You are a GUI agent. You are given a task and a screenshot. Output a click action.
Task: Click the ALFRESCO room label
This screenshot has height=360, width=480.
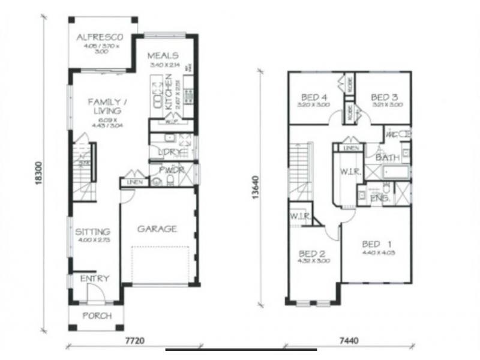click(x=99, y=38)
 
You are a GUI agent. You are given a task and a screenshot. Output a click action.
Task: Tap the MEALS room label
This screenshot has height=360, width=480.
click(x=163, y=56)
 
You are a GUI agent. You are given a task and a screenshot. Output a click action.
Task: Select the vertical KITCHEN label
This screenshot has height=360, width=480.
click(x=169, y=91)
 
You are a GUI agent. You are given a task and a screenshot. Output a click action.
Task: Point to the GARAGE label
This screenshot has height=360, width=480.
click(x=157, y=229)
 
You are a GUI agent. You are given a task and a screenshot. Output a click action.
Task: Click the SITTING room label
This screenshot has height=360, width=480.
click(x=92, y=232)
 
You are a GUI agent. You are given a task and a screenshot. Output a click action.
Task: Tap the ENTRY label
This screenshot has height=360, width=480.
click(x=95, y=278)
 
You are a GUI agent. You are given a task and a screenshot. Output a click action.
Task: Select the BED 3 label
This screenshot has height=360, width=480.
click(x=385, y=97)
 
